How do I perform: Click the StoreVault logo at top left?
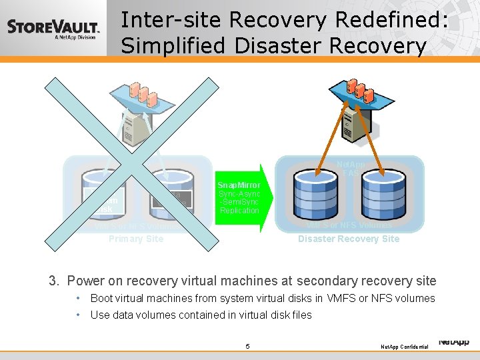[53, 29]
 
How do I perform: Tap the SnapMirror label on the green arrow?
[239, 185]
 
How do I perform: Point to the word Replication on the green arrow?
[239, 211]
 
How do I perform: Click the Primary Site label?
[135, 239]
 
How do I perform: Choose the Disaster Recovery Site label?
[349, 239]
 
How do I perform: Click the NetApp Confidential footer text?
[404, 347]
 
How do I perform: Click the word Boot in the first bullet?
[101, 298]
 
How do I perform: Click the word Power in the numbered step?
[84, 281]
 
